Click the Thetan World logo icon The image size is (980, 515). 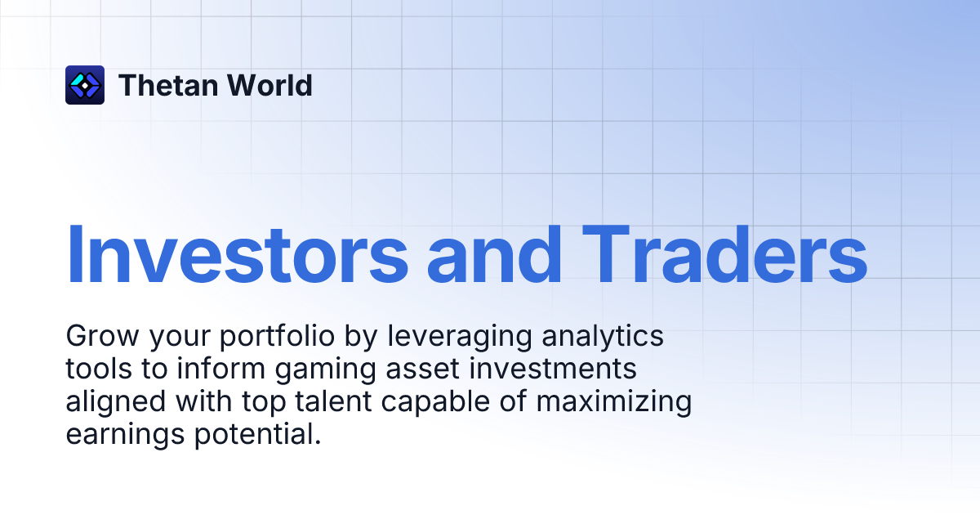coord(85,85)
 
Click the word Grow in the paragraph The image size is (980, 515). coord(96,336)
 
